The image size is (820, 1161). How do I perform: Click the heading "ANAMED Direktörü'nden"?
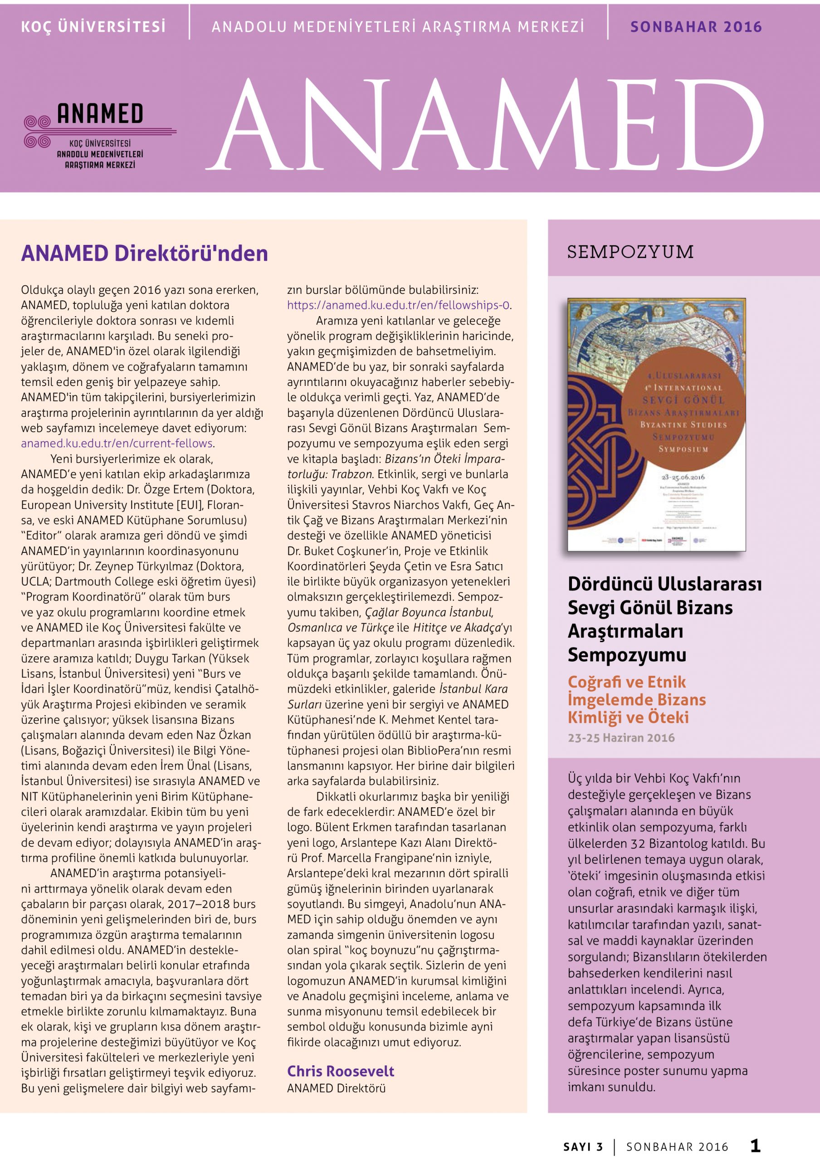(x=144, y=254)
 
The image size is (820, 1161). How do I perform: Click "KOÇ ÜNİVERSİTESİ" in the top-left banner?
(x=93, y=27)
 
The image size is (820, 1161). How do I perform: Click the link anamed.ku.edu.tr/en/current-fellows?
(x=117, y=444)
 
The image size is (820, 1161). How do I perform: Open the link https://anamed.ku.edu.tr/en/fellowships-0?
(x=398, y=305)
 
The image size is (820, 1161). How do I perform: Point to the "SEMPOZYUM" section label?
(x=630, y=252)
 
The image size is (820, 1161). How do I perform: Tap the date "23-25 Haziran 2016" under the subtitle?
(x=621, y=738)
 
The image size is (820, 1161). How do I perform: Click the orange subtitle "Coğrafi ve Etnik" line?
(x=626, y=682)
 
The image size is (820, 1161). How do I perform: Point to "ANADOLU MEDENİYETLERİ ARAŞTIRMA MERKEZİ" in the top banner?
(x=398, y=27)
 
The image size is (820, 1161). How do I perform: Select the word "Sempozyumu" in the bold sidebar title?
(x=627, y=655)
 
